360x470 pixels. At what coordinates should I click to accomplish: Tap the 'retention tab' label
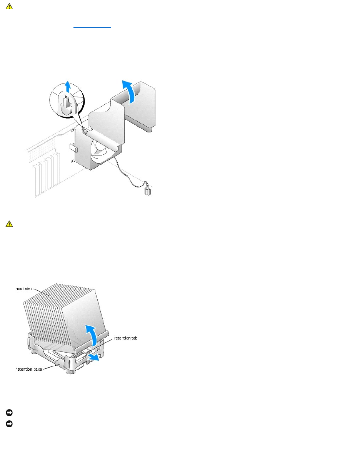pyautogui.click(x=126, y=338)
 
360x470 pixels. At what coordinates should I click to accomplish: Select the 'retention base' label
pyautogui.click(x=28, y=370)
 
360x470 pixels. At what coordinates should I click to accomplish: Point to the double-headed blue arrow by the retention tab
pyautogui.click(x=93, y=358)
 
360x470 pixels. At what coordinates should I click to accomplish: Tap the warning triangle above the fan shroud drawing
pyautogui.click(x=8, y=7)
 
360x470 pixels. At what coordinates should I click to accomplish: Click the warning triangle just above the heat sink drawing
pyautogui.click(x=8, y=224)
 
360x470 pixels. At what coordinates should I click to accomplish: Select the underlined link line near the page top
pyautogui.click(x=92, y=27)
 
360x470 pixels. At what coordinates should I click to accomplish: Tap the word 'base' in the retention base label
pyautogui.click(x=37, y=370)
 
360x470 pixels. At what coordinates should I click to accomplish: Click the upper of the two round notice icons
pyautogui.click(x=8, y=413)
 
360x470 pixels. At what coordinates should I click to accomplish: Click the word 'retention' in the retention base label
pyautogui.click(x=23, y=370)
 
